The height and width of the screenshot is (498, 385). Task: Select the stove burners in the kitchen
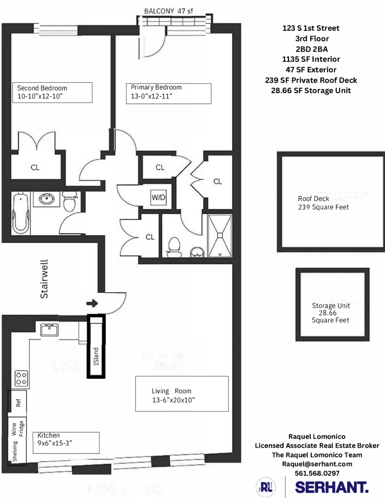pos(21,378)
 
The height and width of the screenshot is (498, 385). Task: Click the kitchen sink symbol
pos(49,330)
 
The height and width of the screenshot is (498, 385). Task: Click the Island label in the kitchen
pos(97,355)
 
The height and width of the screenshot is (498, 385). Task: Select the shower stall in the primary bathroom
pos(220,236)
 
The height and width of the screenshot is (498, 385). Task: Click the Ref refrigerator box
pos(18,402)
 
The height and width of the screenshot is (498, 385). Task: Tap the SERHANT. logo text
pos(332,487)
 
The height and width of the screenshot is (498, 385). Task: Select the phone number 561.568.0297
pos(317,473)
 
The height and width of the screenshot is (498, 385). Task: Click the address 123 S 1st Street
pos(311,28)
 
